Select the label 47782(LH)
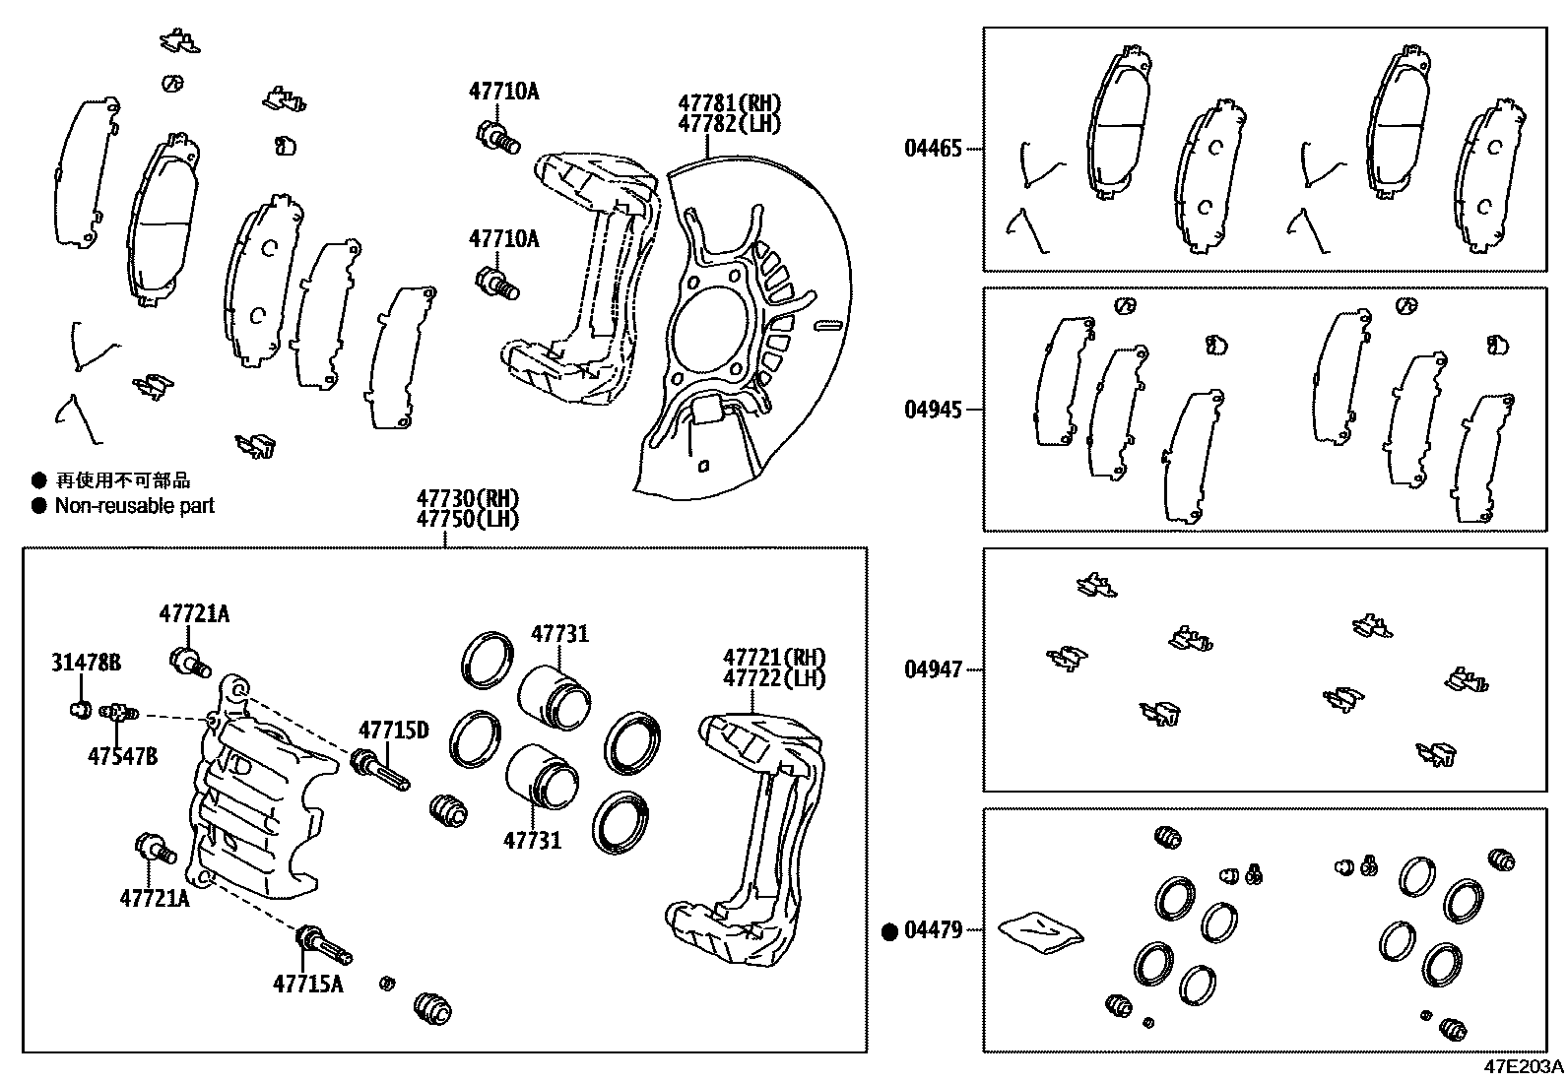point(728,124)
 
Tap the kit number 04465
point(933,150)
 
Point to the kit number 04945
point(933,409)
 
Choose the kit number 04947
point(933,670)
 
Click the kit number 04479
point(933,930)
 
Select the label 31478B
point(86,664)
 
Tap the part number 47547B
point(121,755)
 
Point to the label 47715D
point(393,730)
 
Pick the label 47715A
point(308,983)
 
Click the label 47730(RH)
point(466,498)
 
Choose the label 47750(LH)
point(466,519)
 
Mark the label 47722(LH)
point(774,678)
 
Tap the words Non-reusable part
point(134,506)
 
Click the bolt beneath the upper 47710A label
point(497,137)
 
